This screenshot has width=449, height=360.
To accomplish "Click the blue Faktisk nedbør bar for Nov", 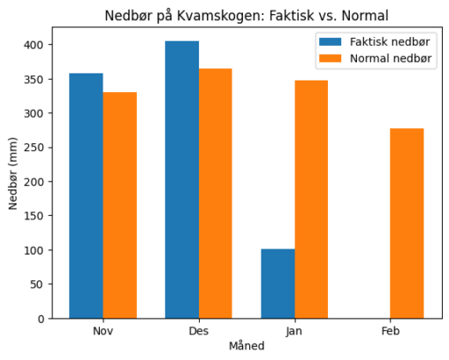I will pos(86,195).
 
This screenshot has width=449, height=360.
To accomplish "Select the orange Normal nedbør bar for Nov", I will pos(119,205).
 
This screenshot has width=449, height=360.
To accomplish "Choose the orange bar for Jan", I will pos(311,199).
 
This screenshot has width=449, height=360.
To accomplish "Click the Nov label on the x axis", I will pos(103,331).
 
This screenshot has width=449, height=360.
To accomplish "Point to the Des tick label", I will pos(198,331).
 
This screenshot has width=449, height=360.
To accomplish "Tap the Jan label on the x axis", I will pos(294,331).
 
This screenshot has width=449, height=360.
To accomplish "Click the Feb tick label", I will pos(390,331).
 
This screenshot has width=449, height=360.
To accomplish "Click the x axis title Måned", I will pos(246,347).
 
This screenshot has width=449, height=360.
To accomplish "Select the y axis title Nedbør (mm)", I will pos(13,172).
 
